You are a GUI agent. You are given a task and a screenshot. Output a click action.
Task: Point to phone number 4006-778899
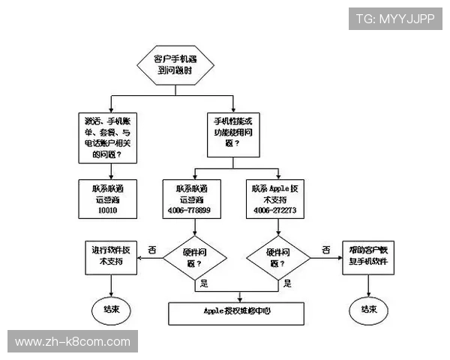click(190, 211)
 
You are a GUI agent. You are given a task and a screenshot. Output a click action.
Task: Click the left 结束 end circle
click(110, 308)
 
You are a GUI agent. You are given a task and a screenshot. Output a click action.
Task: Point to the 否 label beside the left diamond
click(152, 249)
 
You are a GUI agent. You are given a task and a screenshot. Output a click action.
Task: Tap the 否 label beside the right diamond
click(326, 249)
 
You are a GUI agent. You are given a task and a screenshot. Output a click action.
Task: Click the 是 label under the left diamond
click(202, 284)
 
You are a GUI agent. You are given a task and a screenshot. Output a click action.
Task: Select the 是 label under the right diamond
click(287, 284)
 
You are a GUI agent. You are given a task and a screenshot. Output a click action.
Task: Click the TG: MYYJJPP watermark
click(394, 19)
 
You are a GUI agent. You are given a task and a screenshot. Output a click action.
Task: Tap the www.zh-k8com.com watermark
click(73, 342)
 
